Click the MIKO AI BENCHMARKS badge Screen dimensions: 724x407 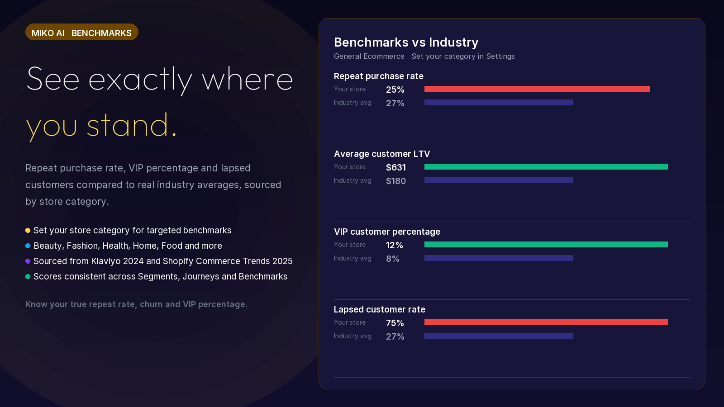click(82, 32)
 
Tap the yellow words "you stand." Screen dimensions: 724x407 click(101, 126)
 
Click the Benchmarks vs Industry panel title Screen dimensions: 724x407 click(406, 43)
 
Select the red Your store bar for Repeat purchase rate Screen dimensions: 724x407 click(537, 89)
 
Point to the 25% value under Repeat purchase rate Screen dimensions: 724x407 click(395, 90)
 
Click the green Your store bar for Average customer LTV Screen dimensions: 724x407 click(546, 167)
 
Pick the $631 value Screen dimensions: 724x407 click(395, 167)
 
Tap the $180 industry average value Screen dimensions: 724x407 click(395, 181)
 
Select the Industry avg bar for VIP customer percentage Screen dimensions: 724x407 click(499, 258)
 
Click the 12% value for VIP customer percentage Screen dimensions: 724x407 click(394, 245)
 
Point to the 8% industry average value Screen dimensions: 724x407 click(392, 259)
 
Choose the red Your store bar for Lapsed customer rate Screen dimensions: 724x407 click(546, 322)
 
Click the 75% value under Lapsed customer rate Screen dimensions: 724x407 click(395, 323)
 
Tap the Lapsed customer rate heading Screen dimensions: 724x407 click(380, 309)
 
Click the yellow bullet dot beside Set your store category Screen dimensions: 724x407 click(28, 230)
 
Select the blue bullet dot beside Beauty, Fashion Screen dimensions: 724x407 click(28, 246)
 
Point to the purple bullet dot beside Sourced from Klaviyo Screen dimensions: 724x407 click(28, 261)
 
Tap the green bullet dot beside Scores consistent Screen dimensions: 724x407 click(28, 276)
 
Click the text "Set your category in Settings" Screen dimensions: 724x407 click(463, 56)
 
